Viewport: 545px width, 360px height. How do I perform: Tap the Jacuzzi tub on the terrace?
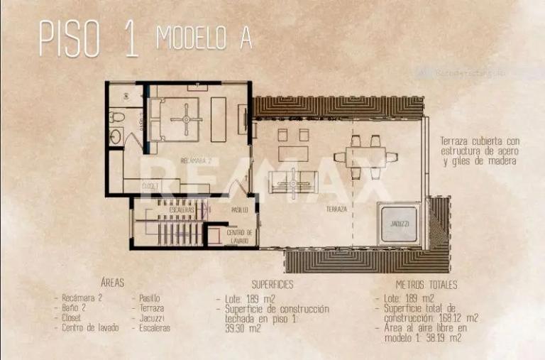pyautogui.click(x=399, y=223)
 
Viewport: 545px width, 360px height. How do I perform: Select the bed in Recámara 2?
pyautogui.click(x=182, y=119)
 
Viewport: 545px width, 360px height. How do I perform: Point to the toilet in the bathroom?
pyautogui.click(x=118, y=116)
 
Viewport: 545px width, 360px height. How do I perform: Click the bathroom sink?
pyautogui.click(x=116, y=135)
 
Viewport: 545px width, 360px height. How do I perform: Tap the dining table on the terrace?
pyautogui.click(x=366, y=157)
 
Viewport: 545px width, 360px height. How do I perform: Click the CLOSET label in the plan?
pyautogui.click(x=150, y=186)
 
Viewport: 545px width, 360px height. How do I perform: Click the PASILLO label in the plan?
pyautogui.click(x=240, y=210)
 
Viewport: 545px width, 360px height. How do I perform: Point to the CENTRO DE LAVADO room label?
pyautogui.click(x=238, y=236)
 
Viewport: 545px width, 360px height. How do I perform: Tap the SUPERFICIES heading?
pyautogui.click(x=272, y=285)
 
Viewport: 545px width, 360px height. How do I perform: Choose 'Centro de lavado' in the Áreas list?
pyautogui.click(x=90, y=328)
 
